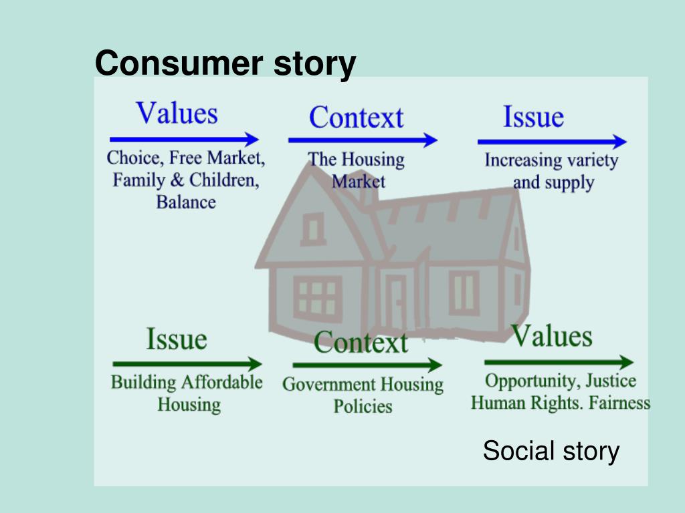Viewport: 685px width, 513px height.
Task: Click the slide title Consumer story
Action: (x=225, y=64)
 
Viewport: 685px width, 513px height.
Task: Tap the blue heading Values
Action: (x=177, y=114)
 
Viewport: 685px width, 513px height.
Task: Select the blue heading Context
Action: (x=356, y=118)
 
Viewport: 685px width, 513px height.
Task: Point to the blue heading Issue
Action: (x=533, y=117)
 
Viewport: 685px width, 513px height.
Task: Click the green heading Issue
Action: (x=177, y=339)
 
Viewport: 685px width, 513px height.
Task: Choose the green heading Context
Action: (x=361, y=343)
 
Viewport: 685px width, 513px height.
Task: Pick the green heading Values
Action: (x=552, y=335)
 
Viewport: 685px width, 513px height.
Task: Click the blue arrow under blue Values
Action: (x=184, y=140)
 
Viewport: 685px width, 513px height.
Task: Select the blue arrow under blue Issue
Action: (x=552, y=142)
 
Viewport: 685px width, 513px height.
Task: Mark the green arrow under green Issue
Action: (x=187, y=364)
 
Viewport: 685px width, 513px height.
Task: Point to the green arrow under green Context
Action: (x=367, y=365)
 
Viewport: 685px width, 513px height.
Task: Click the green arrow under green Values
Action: (x=559, y=363)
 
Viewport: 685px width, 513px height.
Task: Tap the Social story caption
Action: (x=551, y=451)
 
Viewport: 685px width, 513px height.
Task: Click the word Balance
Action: (x=186, y=202)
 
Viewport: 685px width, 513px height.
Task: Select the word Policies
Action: (x=363, y=406)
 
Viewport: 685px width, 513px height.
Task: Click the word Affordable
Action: (x=221, y=382)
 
